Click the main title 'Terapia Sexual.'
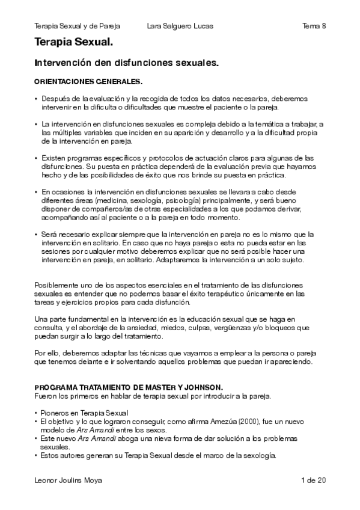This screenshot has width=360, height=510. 73,43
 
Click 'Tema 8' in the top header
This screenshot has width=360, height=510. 314,26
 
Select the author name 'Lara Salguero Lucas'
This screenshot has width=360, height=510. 180,26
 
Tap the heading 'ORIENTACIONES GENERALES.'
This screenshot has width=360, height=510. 88,81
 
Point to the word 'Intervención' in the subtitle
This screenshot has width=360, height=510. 63,63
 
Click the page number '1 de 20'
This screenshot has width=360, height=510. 313,480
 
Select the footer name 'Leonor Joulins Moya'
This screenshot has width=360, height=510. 69,480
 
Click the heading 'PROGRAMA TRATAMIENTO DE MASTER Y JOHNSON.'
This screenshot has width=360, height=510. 129,388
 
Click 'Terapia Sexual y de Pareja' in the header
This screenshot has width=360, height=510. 78,26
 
